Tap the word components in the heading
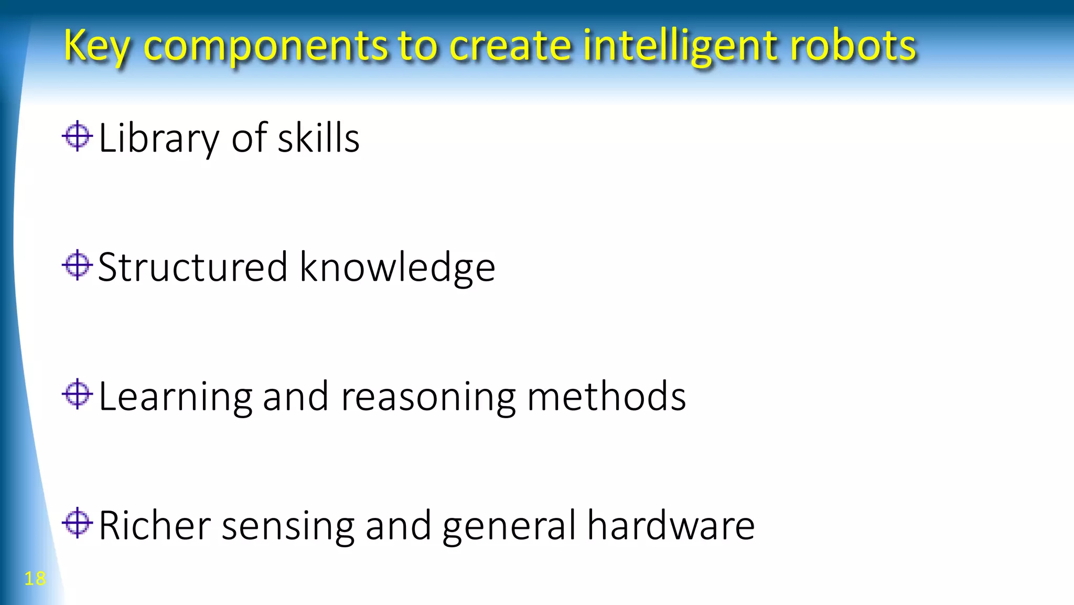265,46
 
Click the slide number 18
35,578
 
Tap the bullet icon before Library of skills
77,136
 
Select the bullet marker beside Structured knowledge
77,265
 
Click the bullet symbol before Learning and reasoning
77,394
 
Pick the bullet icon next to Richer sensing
77,523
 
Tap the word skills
318,138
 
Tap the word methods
606,396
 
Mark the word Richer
155,525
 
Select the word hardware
671,525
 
